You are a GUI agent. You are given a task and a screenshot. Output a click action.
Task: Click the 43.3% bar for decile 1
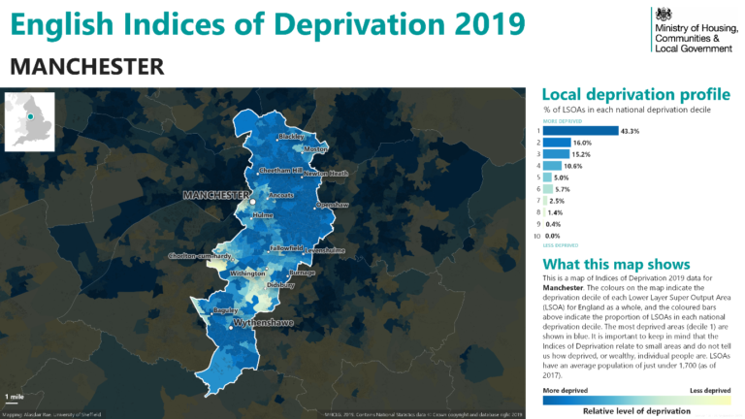[580, 130]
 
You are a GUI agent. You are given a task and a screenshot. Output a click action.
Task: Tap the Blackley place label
[291, 137]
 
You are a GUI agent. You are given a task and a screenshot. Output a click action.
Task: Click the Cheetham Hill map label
[280, 170]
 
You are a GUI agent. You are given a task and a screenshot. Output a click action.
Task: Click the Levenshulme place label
[325, 250]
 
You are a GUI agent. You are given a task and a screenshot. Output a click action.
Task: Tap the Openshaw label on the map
[332, 205]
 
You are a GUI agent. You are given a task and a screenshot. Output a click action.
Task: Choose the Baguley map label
[226, 310]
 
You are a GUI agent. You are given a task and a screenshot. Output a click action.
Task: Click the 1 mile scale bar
[15, 399]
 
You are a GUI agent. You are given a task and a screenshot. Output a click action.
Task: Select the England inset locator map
[29, 119]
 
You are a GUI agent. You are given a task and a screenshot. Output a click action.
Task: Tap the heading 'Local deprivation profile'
[635, 95]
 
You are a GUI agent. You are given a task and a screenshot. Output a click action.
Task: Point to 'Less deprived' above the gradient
[709, 391]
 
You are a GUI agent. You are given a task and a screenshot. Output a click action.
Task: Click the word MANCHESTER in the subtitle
[86, 66]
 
